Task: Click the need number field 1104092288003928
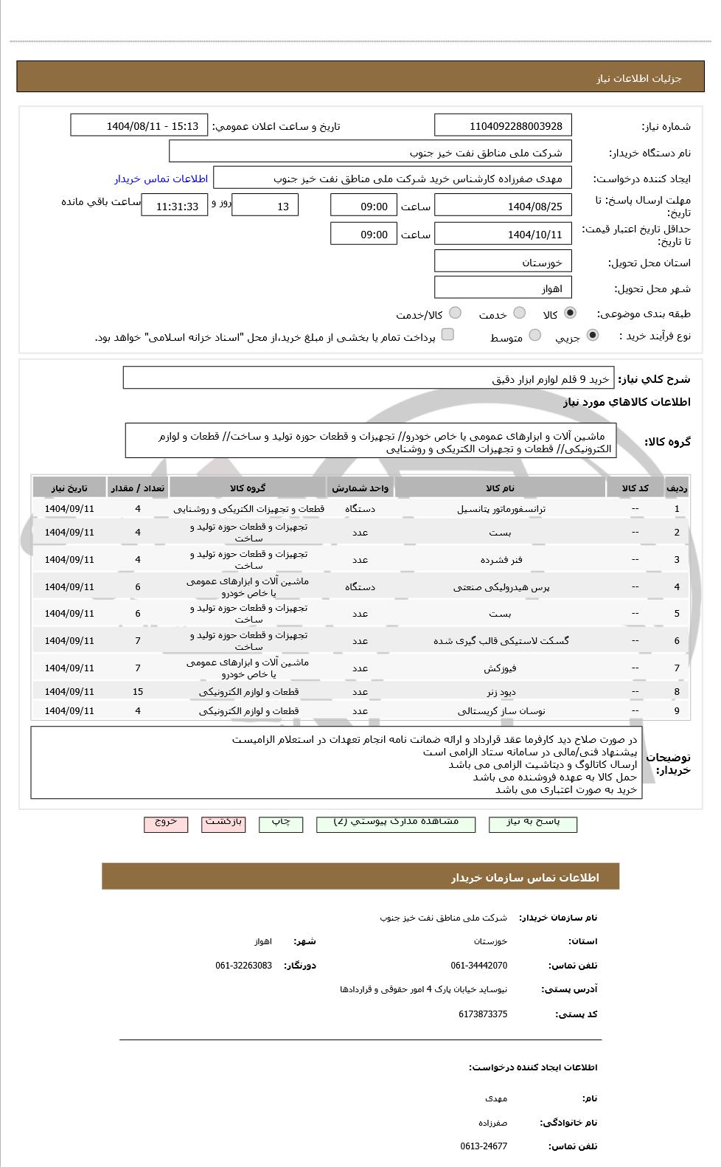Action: click(503, 126)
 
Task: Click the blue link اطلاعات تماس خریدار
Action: click(161, 179)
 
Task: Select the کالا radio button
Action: click(570, 313)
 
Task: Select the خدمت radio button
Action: click(519, 313)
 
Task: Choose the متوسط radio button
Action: click(535, 336)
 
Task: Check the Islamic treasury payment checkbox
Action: click(447, 335)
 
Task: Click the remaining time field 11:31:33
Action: click(175, 207)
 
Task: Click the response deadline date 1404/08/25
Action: click(503, 207)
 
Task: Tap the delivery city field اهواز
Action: click(503, 288)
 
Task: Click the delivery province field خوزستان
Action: click(503, 263)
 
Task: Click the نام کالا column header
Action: click(501, 488)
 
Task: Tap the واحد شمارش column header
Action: click(360, 488)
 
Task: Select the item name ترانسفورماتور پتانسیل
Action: click(501, 509)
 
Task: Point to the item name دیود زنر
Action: click(501, 692)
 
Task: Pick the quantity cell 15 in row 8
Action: click(138, 692)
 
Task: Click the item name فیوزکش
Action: click(501, 668)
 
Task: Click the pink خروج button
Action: click(166, 823)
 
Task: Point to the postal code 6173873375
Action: click(483, 1014)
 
